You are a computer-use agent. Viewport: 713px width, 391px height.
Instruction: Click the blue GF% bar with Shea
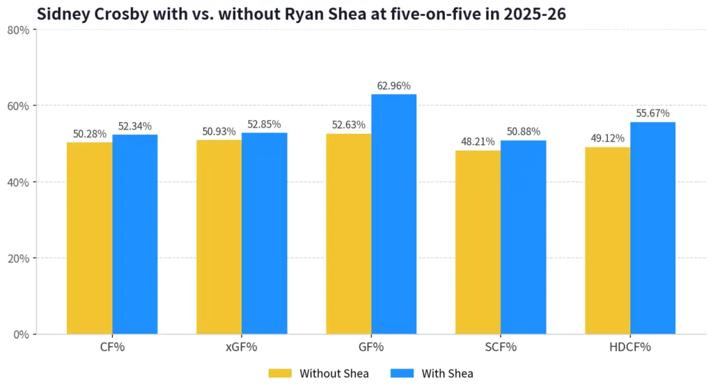click(x=394, y=214)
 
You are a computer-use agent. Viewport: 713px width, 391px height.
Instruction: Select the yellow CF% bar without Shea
click(x=90, y=238)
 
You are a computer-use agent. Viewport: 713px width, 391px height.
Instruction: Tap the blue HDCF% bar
click(x=652, y=228)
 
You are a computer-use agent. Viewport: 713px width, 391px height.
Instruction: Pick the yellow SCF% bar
click(x=478, y=242)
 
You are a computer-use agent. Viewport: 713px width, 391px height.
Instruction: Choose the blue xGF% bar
click(x=264, y=233)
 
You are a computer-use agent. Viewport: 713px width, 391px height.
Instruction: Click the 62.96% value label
click(x=394, y=86)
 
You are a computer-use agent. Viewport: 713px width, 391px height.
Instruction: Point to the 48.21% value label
click(x=478, y=141)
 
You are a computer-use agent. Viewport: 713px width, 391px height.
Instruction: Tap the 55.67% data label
click(x=652, y=113)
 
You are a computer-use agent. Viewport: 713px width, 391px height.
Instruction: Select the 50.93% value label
click(x=219, y=132)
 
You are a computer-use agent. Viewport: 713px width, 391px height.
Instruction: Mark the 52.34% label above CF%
click(x=135, y=126)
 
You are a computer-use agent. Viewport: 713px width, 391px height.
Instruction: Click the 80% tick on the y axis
click(x=19, y=30)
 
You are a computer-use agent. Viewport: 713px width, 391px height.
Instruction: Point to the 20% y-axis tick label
click(x=19, y=259)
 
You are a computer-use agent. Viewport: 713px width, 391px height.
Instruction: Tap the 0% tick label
click(x=22, y=335)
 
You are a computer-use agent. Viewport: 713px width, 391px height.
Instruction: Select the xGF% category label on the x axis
click(x=242, y=347)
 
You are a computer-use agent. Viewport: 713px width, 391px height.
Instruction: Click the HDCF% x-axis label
click(x=629, y=347)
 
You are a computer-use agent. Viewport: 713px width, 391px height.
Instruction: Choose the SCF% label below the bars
click(x=501, y=347)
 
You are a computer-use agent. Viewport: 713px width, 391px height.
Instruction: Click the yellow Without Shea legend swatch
click(x=280, y=374)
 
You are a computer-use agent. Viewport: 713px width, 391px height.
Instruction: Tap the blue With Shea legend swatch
click(x=402, y=374)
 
